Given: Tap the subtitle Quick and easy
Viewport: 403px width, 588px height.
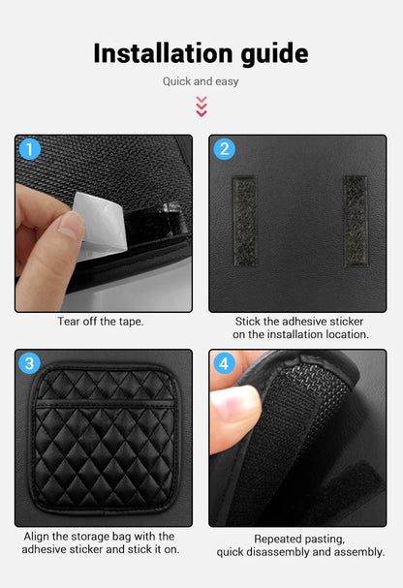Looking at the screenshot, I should pos(201,82).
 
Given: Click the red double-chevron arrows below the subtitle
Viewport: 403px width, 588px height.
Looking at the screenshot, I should pos(201,106).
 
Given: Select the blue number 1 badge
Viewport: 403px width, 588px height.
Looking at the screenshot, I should pos(30,149).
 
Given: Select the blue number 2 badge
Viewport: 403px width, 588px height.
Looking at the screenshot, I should pos(225,149).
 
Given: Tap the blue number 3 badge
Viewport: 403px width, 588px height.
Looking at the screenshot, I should pos(30,364).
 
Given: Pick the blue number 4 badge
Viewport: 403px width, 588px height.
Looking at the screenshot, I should pos(225,364).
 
